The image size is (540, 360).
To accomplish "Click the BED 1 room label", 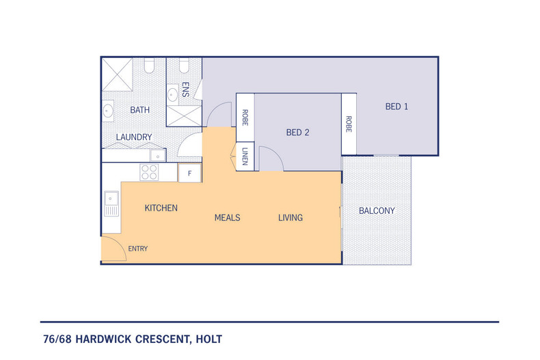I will [396, 107].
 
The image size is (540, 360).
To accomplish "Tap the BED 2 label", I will [298, 133].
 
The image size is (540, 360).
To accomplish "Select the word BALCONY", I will [377, 211].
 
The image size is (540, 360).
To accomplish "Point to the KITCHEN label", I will [161, 208].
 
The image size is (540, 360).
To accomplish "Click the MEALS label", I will [227, 218].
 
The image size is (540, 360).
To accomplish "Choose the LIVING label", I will [290, 218].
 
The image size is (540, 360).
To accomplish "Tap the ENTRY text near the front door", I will [137, 249].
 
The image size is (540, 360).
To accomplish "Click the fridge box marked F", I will [189, 174].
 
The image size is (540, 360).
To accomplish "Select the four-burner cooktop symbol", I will [149, 173].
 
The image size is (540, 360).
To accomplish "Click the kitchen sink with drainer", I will [111, 203].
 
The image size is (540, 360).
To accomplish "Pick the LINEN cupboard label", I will [245, 157].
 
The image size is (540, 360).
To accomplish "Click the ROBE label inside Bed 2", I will [245, 117].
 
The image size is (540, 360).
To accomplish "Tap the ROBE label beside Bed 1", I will [349, 124].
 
